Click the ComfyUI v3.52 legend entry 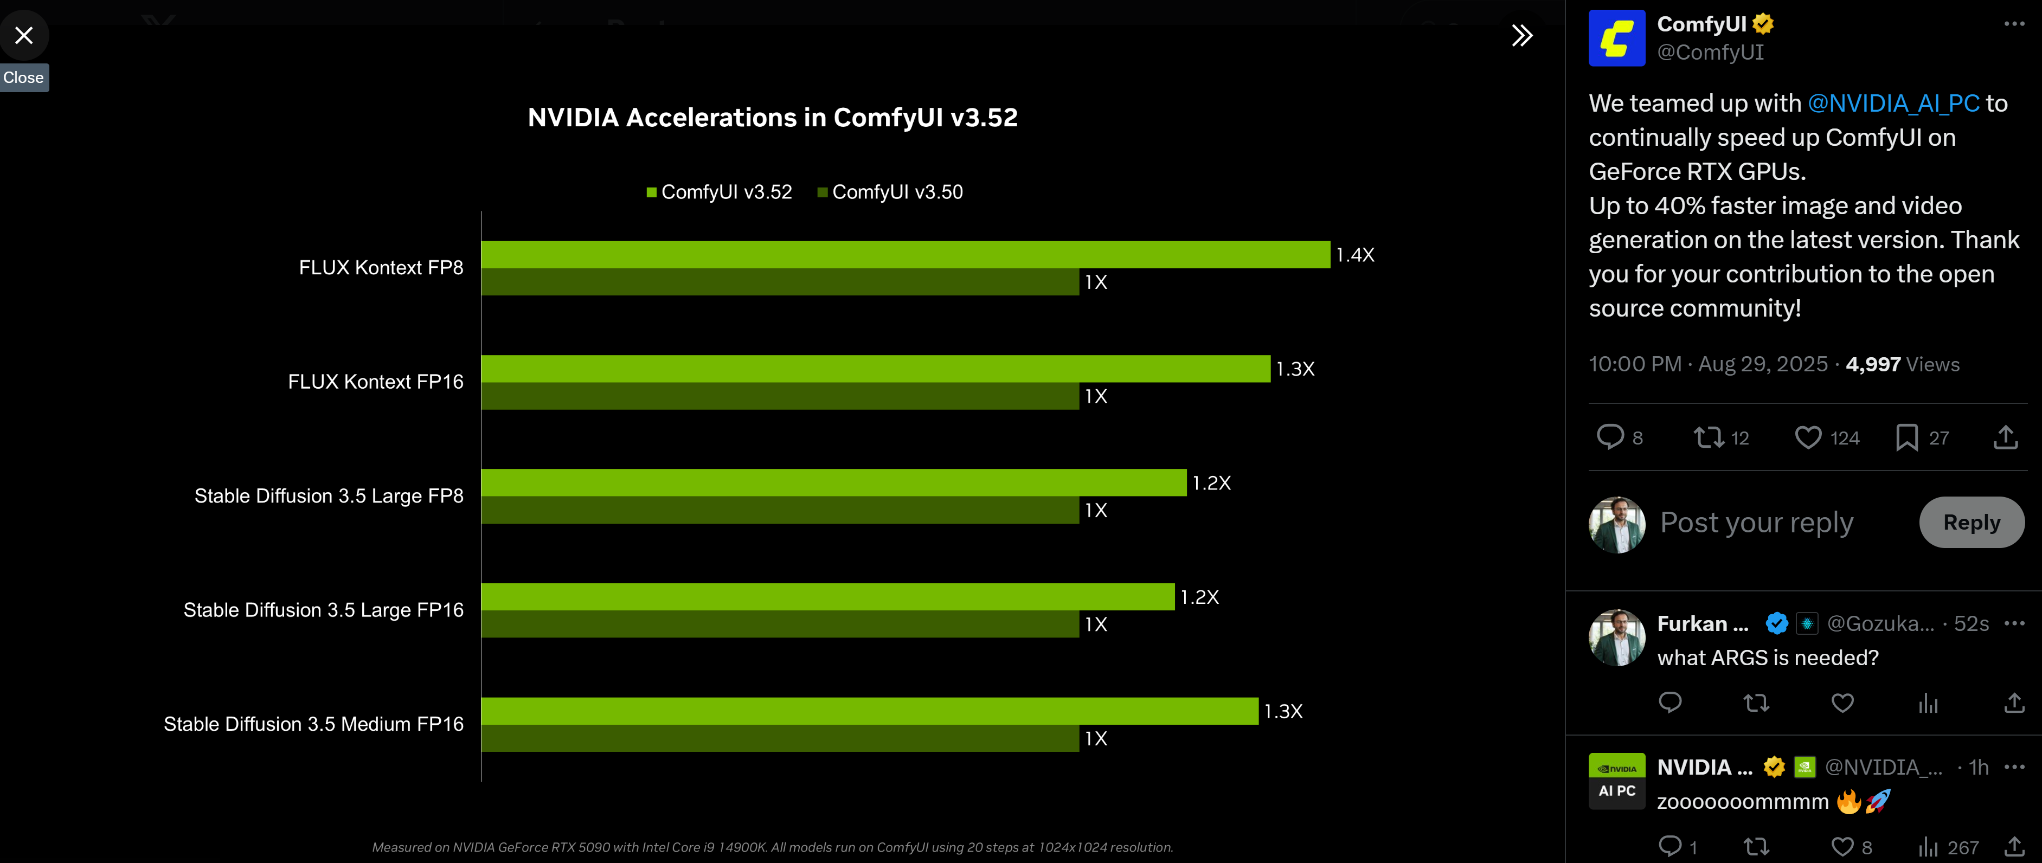719,192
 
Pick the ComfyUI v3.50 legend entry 890,192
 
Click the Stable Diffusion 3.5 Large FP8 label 329,496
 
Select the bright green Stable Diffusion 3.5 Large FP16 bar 827,597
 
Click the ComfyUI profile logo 1616,38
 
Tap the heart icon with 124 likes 1808,437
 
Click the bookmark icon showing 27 1906,437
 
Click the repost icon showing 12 1709,437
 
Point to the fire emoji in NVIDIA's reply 1848,801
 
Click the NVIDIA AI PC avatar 1616,781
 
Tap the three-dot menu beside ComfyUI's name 2013,24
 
